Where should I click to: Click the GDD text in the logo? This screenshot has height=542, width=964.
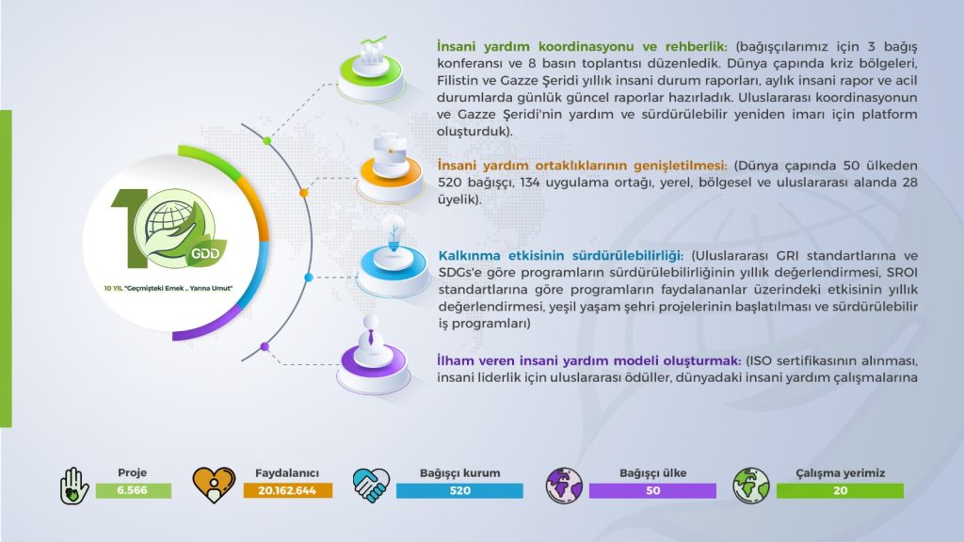coord(205,253)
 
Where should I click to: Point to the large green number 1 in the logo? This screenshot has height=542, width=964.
coord(129,228)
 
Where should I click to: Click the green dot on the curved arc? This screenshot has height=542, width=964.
coord(266,141)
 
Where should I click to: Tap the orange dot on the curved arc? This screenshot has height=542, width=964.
coord(304,193)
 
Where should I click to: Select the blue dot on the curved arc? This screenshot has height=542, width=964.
coord(309,278)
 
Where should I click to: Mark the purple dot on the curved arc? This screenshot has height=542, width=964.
coord(265,346)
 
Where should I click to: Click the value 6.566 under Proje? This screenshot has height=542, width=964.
coord(132,490)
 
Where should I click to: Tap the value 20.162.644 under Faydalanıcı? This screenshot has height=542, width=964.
coord(287,490)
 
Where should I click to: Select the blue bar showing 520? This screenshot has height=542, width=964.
coord(459,490)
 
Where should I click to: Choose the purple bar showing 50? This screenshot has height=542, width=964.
coord(653,490)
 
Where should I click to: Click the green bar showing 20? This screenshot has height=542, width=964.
coord(840,490)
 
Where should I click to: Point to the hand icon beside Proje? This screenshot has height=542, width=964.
coord(74,486)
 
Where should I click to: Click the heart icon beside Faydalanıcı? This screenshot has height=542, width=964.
coord(214,485)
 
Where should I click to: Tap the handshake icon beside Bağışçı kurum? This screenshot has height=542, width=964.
coord(371,485)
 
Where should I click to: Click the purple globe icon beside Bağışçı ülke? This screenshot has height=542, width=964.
coord(565,485)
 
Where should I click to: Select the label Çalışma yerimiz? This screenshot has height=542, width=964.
coord(841,473)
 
